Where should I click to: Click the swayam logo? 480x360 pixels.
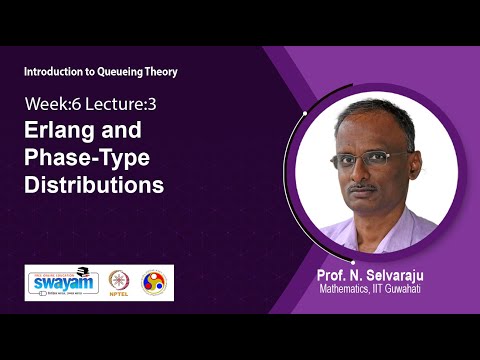point(66,282)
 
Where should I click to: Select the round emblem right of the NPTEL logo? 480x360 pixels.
point(156,283)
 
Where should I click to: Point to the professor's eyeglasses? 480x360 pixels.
point(368,158)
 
